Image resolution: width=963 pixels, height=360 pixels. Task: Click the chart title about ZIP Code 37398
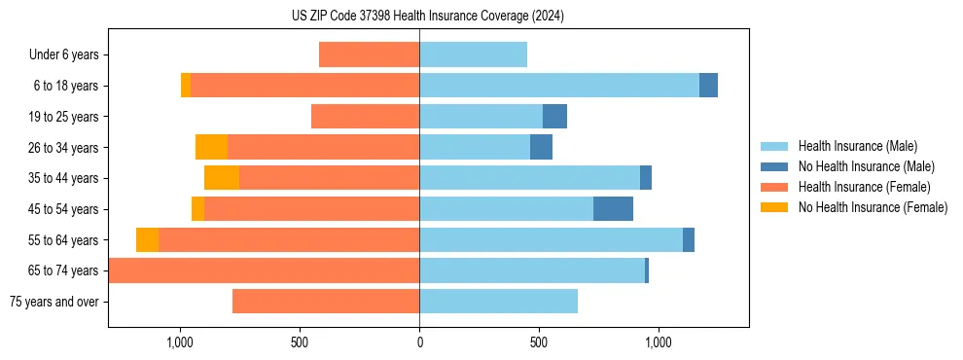click(x=427, y=16)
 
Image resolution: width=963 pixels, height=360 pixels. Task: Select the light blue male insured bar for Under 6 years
click(x=473, y=54)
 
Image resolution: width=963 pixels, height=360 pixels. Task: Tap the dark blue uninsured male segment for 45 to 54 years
click(x=613, y=209)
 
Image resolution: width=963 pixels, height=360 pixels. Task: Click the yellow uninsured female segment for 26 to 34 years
click(x=211, y=147)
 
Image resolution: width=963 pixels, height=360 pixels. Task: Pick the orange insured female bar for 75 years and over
click(x=326, y=302)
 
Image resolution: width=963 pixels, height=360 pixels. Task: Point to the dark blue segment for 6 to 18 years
click(x=708, y=86)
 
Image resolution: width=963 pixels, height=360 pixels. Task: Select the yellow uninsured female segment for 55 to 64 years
click(x=147, y=240)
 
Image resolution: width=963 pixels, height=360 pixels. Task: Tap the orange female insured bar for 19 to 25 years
click(x=365, y=117)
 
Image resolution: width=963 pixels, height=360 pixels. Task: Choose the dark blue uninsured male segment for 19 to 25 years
click(x=554, y=117)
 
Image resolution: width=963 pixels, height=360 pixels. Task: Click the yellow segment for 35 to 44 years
click(x=222, y=178)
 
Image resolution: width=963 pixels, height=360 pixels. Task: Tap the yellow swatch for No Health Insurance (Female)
click(x=776, y=207)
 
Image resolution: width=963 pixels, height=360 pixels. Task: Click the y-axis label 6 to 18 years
click(x=65, y=86)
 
